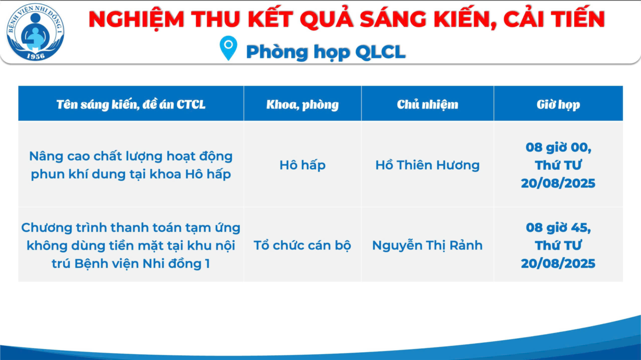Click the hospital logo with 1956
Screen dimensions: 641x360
35,32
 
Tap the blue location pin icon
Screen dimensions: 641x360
228,48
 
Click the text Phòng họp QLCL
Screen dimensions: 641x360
326,52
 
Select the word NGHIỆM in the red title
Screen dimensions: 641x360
136,19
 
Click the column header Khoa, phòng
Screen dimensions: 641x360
302,104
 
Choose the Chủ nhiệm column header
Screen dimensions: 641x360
427,104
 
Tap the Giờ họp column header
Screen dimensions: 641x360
558,104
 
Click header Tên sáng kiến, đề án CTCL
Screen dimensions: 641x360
131,104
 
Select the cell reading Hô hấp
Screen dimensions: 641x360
302,165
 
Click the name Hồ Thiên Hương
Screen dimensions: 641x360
427,165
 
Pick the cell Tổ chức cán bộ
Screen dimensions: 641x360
302,245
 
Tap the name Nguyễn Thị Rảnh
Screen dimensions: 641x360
427,245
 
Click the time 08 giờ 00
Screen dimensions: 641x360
558,147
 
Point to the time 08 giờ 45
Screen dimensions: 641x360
558,228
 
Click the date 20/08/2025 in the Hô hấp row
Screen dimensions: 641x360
558,183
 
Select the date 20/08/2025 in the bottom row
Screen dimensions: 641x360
558,264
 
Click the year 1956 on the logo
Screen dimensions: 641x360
36,56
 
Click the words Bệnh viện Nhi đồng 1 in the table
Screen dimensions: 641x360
142,264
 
